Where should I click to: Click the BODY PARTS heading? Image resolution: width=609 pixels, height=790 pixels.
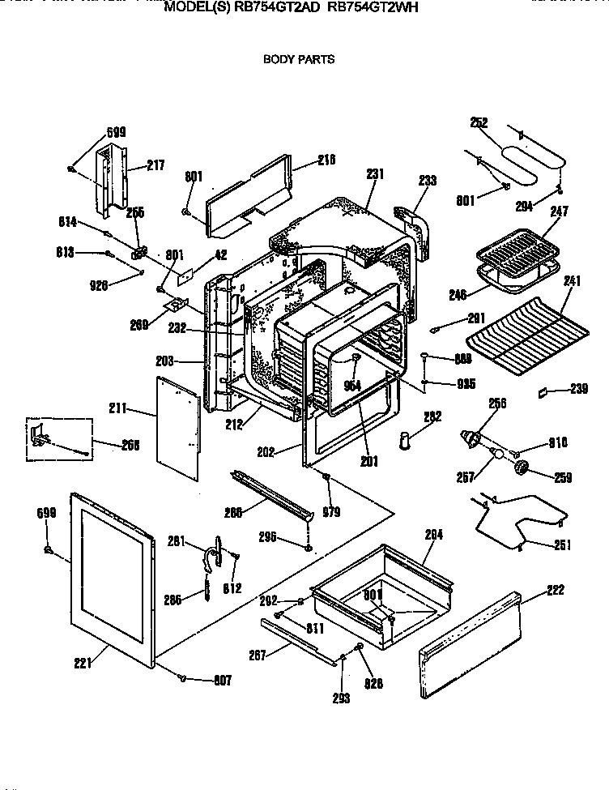pyautogui.click(x=298, y=59)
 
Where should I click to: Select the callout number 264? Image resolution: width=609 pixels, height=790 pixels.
pyautogui.click(x=435, y=535)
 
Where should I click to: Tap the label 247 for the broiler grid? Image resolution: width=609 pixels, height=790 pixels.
pyautogui.click(x=560, y=212)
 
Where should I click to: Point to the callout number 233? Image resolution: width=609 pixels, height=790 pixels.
pyautogui.click(x=427, y=181)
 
